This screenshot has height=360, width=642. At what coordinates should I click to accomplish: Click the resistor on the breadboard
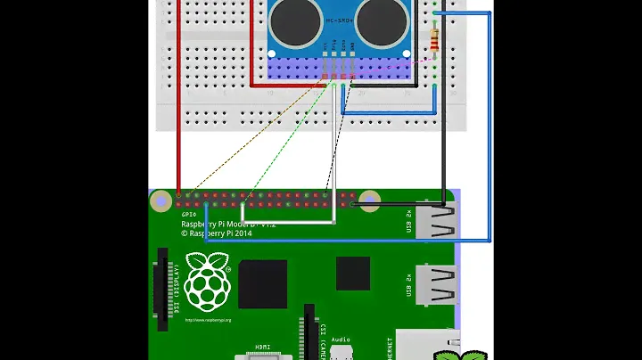(x=434, y=39)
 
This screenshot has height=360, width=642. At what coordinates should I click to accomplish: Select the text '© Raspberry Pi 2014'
(x=218, y=232)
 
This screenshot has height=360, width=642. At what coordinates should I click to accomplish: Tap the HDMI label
(x=263, y=347)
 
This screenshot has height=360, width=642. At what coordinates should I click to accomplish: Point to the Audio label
(x=339, y=340)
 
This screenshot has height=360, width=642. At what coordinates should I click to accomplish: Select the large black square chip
(x=263, y=283)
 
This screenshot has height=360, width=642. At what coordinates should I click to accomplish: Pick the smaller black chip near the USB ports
(x=353, y=274)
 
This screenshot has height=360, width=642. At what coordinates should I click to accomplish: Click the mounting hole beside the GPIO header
(x=161, y=202)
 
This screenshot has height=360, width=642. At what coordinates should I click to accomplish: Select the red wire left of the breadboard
(x=178, y=98)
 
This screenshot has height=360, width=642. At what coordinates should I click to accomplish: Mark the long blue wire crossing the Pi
(x=357, y=240)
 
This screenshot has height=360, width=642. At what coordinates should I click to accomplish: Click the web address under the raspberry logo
(x=208, y=320)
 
